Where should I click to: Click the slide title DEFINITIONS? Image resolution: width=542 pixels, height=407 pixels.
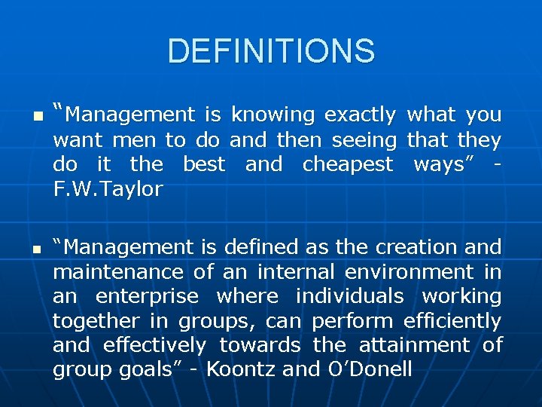271,51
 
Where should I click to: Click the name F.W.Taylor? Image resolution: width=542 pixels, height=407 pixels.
108,189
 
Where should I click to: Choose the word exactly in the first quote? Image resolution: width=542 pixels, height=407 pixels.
359,115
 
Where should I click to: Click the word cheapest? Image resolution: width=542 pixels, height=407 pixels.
347,164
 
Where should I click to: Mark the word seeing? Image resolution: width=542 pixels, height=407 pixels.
364,140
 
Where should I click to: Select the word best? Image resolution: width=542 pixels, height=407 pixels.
204,164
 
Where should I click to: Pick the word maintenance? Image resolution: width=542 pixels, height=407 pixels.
118,272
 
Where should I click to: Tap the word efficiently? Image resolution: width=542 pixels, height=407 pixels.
452,322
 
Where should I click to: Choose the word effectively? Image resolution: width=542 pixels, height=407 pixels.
154,346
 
